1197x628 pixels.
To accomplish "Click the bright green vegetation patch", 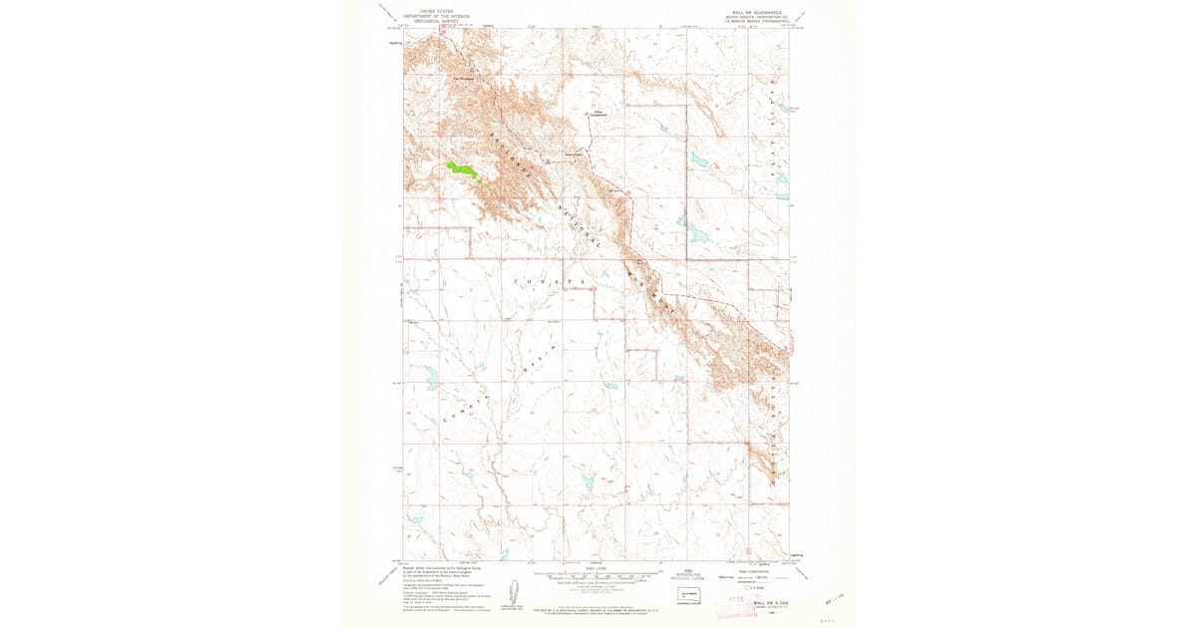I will click(461, 170).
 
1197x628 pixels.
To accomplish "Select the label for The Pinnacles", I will click(464, 81).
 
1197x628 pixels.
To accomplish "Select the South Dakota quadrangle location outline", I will click(689, 594).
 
